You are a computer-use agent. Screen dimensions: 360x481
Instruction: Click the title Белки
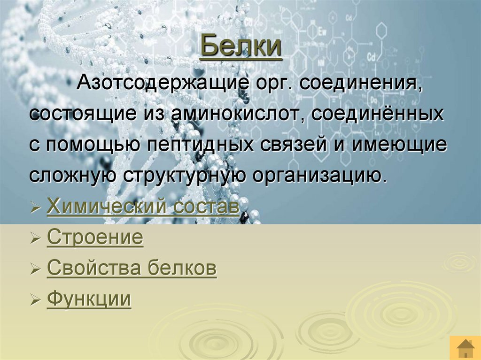tap(240, 47)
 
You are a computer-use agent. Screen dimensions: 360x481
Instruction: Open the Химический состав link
tap(143, 207)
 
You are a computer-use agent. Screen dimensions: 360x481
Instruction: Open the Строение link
tap(95, 237)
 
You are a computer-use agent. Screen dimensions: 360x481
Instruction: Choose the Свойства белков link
tap(132, 268)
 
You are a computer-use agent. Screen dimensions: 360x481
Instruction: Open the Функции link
tap(89, 299)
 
